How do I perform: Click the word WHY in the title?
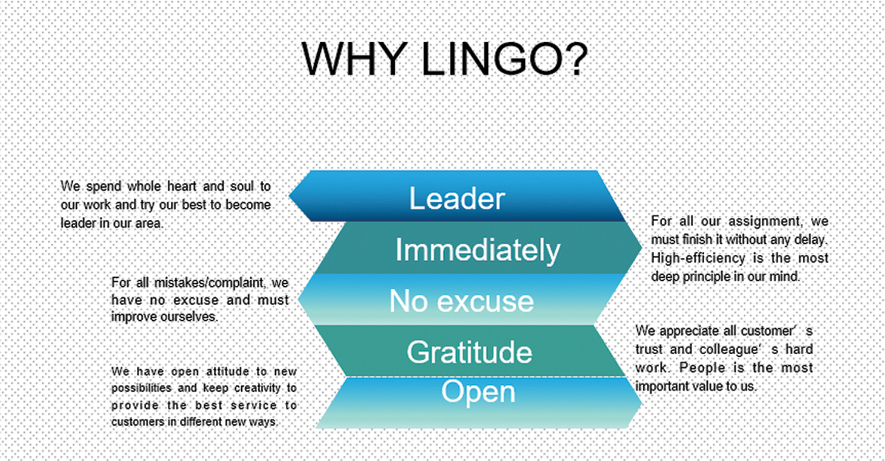coord(354,59)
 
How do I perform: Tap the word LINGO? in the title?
coord(505,59)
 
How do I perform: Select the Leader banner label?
coord(457,198)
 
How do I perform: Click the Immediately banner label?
coord(478,250)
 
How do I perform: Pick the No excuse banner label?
coord(461,301)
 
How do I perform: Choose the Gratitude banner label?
coord(469,352)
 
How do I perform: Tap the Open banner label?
coord(478,392)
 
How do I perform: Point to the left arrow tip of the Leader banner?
coord(290,195)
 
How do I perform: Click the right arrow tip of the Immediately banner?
coord(641,247)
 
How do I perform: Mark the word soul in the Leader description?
coord(242,186)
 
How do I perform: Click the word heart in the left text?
coord(182,186)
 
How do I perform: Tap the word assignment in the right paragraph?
coord(766,222)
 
